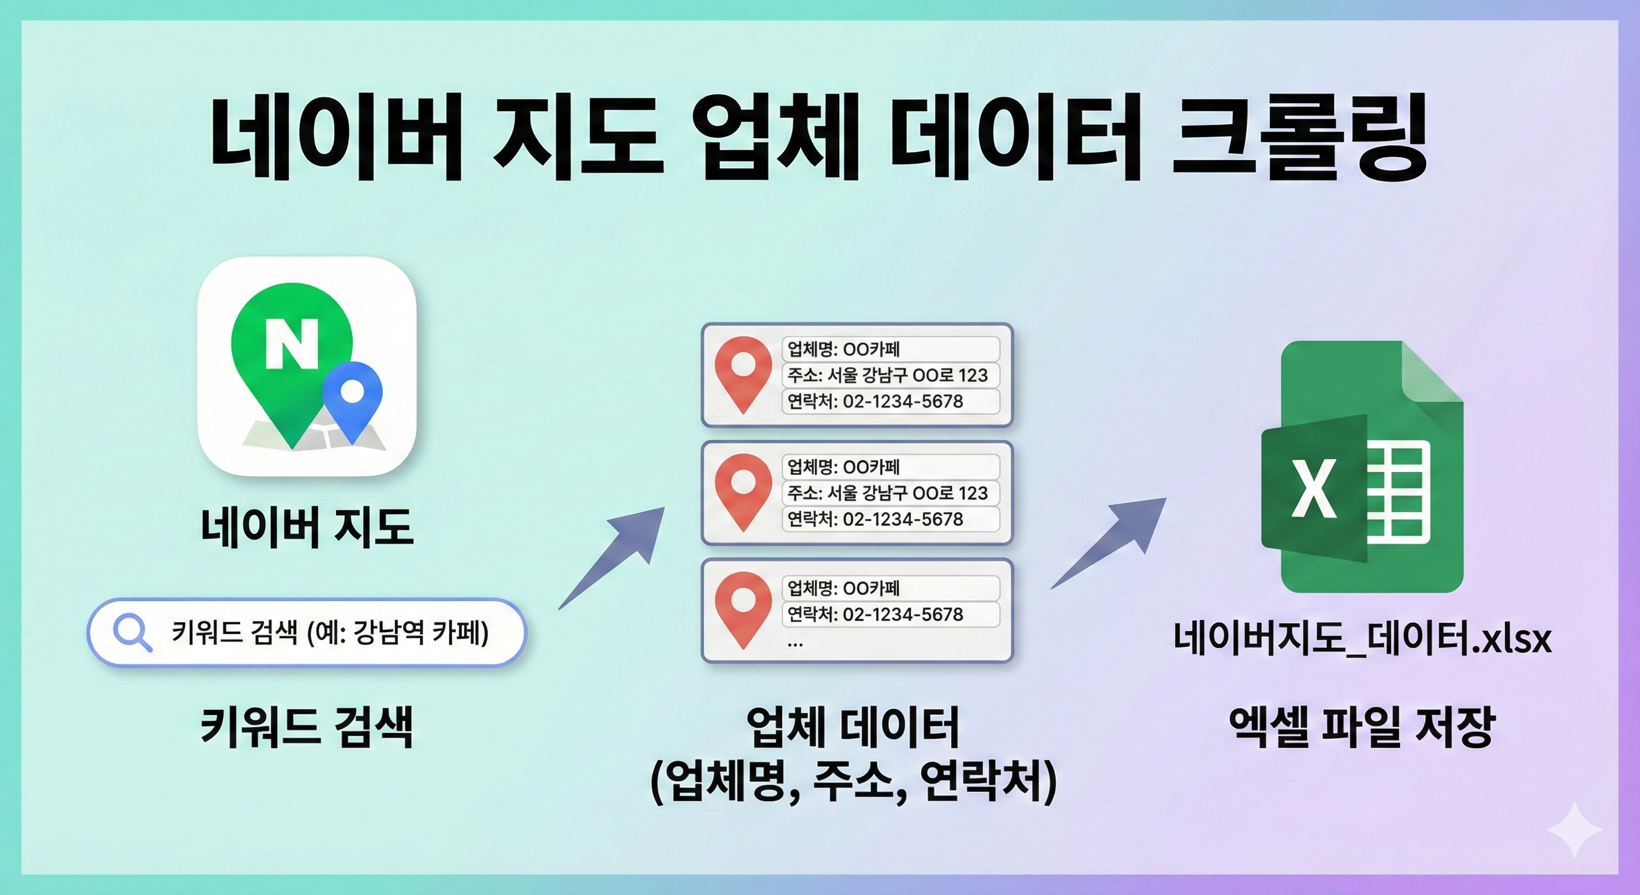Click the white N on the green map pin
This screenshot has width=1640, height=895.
coord(292,343)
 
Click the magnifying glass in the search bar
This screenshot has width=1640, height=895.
coord(131,633)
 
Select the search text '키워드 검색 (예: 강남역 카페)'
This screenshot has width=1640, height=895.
coord(330,633)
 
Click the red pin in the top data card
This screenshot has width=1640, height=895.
coord(743,373)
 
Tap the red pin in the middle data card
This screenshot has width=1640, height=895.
coord(743,490)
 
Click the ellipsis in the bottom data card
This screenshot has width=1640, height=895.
coord(795,643)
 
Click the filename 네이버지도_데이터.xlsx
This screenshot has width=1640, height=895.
coord(1362,637)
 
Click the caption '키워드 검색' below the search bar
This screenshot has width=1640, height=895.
coord(307,726)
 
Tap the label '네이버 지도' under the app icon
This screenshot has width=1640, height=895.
coord(307,527)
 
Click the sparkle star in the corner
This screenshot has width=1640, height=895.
coord(1574,829)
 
